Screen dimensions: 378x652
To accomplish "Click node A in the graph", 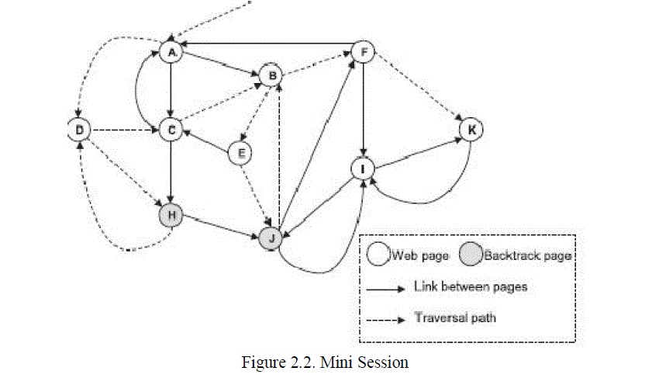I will [x=170, y=52].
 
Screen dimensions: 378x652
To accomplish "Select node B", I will [x=271, y=75].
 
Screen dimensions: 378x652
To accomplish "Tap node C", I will [x=170, y=130].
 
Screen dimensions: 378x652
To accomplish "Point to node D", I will [x=78, y=130].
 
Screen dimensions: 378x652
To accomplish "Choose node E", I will [x=241, y=154].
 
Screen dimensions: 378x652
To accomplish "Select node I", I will [x=362, y=168].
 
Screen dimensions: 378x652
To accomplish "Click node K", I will [x=470, y=129].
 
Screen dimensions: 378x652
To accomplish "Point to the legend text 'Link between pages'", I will [x=471, y=287].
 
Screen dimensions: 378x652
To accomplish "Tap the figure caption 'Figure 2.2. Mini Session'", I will [x=326, y=361].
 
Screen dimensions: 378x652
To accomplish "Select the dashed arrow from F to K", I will [x=416, y=90].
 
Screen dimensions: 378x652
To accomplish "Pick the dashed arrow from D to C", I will [x=124, y=130].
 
